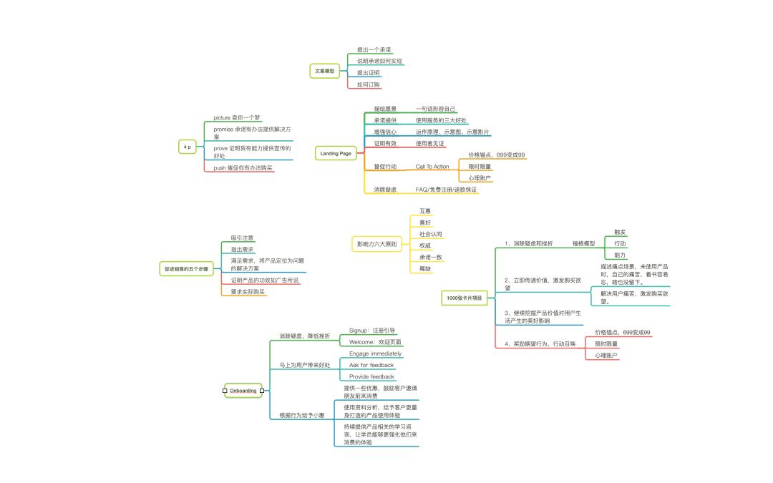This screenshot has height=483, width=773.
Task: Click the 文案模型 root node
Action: tap(324, 71)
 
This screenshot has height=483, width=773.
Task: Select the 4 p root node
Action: tap(188, 146)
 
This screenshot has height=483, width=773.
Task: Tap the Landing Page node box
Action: tap(335, 153)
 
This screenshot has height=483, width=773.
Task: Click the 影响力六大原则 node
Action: tap(376, 244)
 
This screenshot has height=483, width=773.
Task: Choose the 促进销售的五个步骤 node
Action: tap(185, 269)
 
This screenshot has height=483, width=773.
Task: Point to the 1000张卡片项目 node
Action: tap(465, 297)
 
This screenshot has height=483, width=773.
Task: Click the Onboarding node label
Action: tap(243, 391)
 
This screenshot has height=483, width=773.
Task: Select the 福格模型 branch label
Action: tap(583, 243)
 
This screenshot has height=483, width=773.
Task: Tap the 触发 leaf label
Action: tap(620, 232)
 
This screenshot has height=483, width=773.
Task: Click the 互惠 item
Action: tap(425, 211)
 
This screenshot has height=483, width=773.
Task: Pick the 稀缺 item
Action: tap(425, 268)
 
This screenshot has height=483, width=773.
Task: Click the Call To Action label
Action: tap(432, 167)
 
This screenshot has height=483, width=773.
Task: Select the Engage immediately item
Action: tap(375, 353)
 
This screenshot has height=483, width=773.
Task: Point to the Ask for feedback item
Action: tap(371, 365)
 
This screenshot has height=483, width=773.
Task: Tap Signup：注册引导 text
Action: tap(372, 331)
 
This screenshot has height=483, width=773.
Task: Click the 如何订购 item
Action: tap(369, 84)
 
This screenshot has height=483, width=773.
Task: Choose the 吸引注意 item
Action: tap(242, 238)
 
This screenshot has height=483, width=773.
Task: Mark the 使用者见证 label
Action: tap(430, 143)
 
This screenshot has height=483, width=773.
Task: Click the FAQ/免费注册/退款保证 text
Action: tap(446, 190)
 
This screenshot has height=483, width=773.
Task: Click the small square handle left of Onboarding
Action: tap(225, 391)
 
